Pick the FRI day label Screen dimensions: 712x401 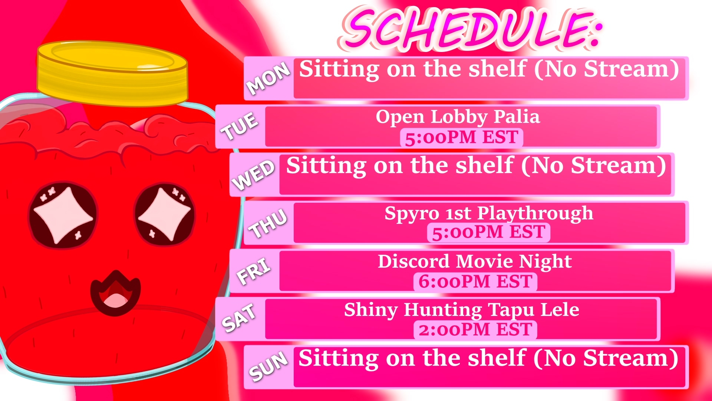(254, 271)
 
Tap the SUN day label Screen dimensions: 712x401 (268, 366)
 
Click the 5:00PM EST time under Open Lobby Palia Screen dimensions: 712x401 (461, 137)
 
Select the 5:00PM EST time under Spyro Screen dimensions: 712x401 (488, 232)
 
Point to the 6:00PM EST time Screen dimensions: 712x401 (475, 281)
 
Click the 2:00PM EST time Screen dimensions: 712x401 (475, 329)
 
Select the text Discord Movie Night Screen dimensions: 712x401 (475, 262)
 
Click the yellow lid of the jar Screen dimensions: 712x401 (112, 74)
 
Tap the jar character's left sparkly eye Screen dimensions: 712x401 (63, 215)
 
